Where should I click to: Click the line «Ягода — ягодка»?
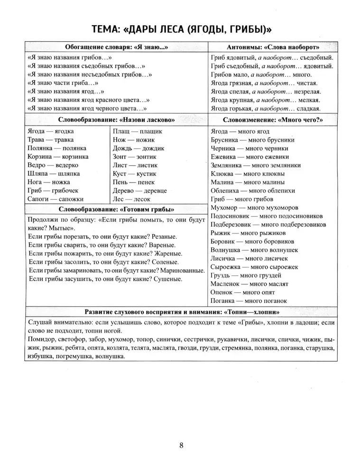tap(51, 131)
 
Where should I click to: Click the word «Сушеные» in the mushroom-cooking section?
tap(167, 279)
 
